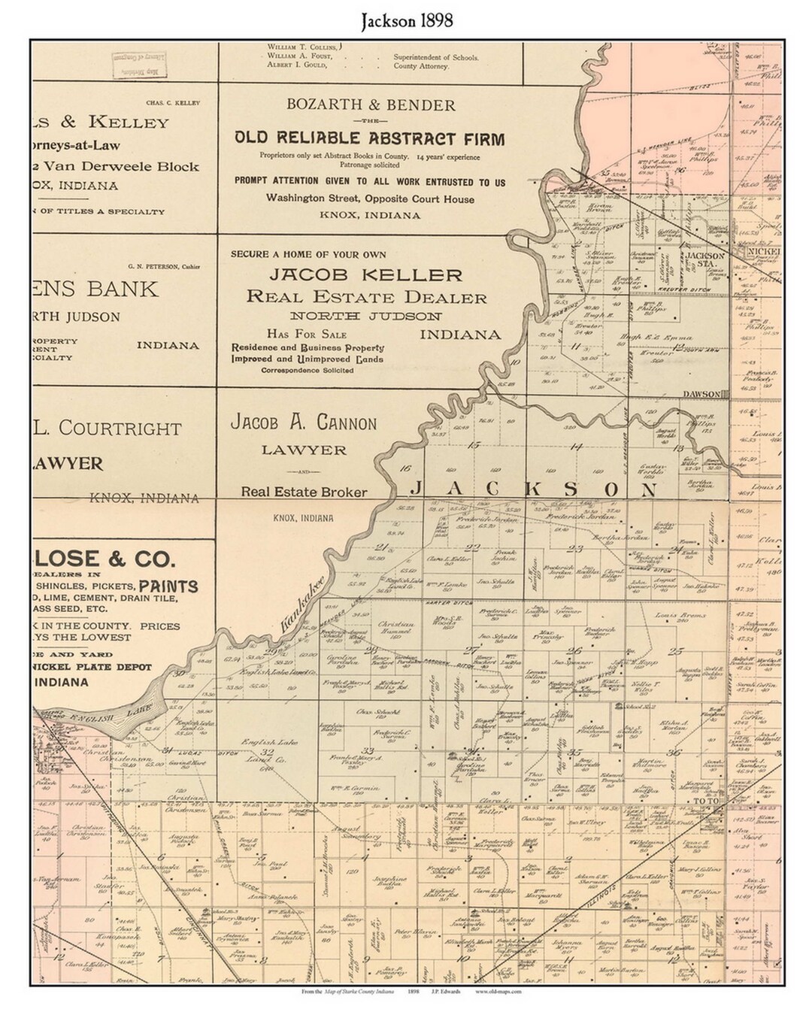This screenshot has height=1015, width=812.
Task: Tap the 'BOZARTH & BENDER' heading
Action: point(371,105)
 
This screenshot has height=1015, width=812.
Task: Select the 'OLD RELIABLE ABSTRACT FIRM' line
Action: point(369,138)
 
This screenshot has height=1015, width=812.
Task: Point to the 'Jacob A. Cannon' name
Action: point(304,423)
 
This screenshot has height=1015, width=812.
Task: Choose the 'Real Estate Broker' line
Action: point(304,492)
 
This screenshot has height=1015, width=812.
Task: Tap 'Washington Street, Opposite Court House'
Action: point(369,198)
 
